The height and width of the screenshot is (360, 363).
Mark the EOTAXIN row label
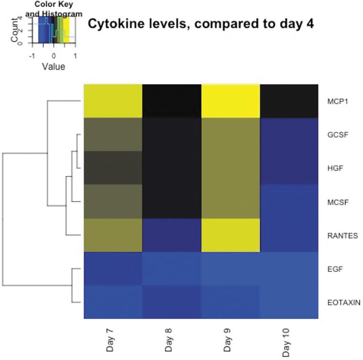click(x=343, y=302)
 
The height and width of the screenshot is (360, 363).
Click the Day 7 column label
click(x=110, y=339)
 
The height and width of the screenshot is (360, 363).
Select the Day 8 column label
click(x=169, y=339)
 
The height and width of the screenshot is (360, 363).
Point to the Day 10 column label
click(x=286, y=338)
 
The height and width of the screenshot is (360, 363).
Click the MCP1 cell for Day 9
click(x=231, y=101)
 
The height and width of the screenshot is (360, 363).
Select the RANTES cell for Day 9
click(x=231, y=235)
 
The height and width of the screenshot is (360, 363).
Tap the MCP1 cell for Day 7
click(x=113, y=101)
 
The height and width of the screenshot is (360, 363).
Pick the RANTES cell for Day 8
click(x=172, y=235)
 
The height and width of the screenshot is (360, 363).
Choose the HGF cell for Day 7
click(x=113, y=168)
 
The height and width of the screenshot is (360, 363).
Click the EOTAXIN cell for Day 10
click(x=289, y=302)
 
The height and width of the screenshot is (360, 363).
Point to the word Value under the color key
click(x=53, y=67)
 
